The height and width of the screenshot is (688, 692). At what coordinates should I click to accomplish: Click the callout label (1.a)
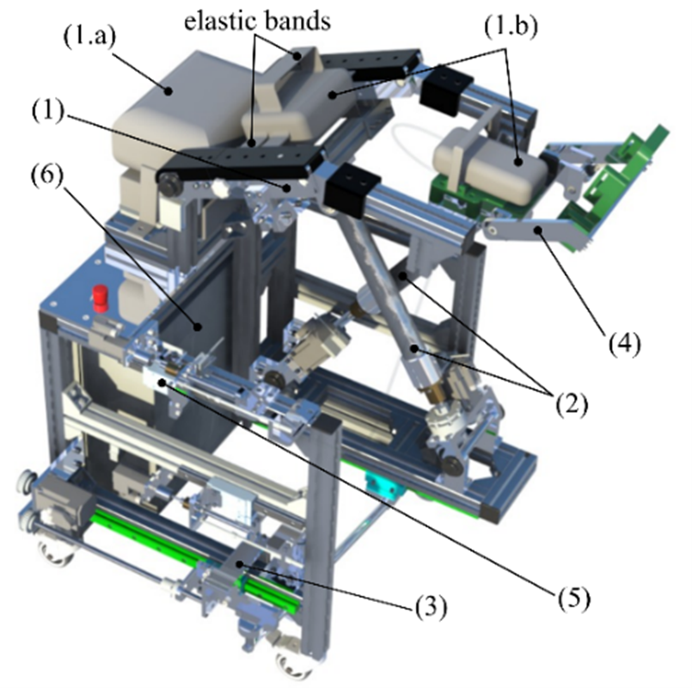pyautogui.click(x=89, y=36)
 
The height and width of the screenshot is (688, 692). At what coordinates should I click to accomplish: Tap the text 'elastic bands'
pyautogui.click(x=257, y=21)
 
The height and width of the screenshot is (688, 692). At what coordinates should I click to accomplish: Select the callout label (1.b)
pyautogui.click(x=511, y=27)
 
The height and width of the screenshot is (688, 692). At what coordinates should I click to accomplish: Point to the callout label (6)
pyautogui.click(x=46, y=175)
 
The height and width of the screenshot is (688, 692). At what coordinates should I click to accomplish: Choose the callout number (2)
pyautogui.click(x=572, y=403)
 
